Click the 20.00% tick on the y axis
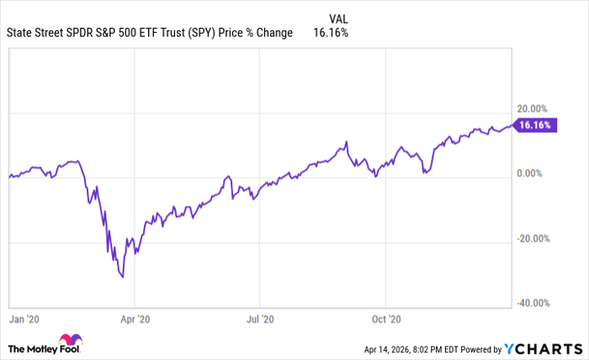(532, 109)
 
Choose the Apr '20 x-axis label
(135, 320)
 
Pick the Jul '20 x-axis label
(260, 320)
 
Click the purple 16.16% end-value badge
(534, 125)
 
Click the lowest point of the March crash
(123, 276)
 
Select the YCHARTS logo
(542, 348)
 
